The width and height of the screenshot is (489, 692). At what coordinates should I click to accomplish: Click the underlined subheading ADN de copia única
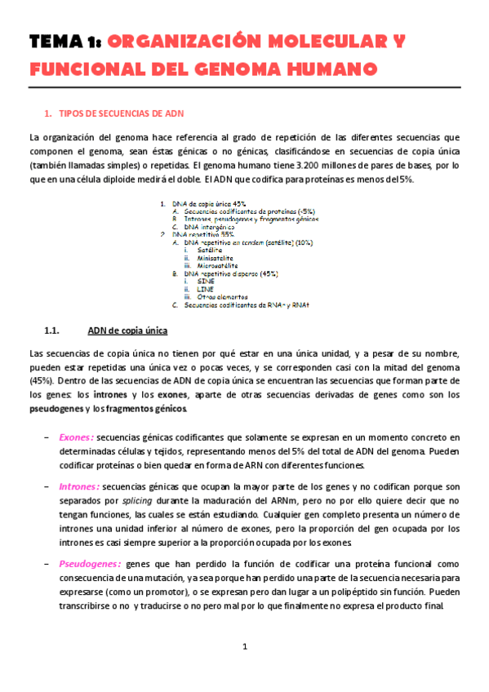[x=127, y=331]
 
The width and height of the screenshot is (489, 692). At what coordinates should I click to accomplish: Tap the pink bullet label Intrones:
[x=79, y=486]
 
